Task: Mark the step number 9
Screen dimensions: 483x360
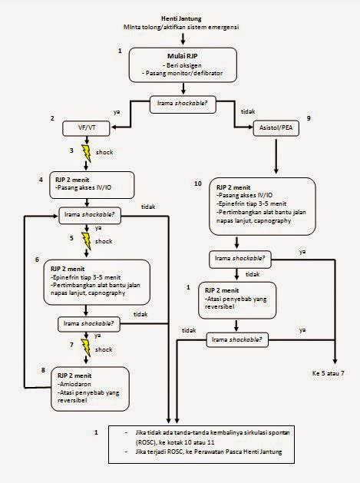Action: pyautogui.click(x=308, y=119)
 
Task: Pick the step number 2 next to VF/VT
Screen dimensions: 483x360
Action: pyautogui.click(x=51, y=119)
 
